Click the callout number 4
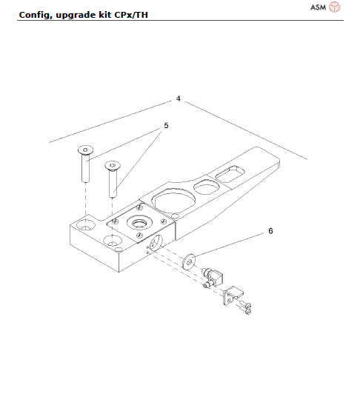tap(179, 98)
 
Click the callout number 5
tap(166, 126)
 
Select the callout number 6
tap(270, 230)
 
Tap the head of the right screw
tap(113, 166)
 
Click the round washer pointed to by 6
tap(190, 261)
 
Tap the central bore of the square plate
tap(138, 223)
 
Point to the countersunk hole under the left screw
tap(86, 223)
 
